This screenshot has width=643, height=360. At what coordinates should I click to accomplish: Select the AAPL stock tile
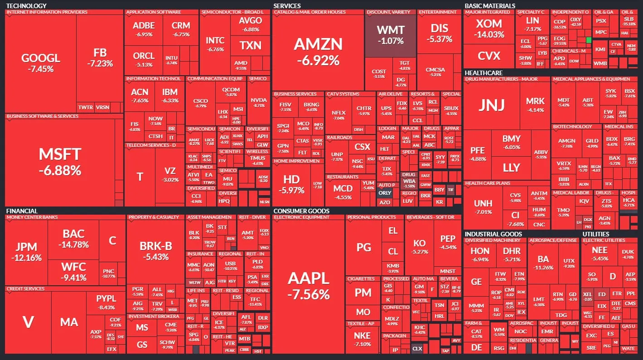(309, 285)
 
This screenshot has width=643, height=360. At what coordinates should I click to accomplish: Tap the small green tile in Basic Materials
(589, 40)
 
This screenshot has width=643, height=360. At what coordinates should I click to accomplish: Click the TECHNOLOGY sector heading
(26, 5)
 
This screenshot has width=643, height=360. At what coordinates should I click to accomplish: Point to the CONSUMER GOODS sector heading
(301, 211)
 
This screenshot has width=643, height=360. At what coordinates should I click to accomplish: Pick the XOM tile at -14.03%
(489, 28)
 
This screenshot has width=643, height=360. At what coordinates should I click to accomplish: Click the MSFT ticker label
(60, 154)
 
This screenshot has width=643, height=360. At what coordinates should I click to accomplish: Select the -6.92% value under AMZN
(318, 60)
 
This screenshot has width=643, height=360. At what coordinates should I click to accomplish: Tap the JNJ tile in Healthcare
(491, 105)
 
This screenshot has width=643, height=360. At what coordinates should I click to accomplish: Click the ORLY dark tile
(385, 192)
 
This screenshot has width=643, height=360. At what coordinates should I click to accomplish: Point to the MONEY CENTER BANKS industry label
(32, 217)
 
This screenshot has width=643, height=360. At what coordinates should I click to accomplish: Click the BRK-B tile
(155, 250)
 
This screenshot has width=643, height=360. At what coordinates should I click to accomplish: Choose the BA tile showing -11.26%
(543, 263)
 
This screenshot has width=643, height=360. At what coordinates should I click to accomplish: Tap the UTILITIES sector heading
(599, 234)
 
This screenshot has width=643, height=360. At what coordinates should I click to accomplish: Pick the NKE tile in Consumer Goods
(362, 339)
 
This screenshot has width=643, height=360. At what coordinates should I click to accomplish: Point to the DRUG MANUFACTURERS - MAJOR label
(501, 79)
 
